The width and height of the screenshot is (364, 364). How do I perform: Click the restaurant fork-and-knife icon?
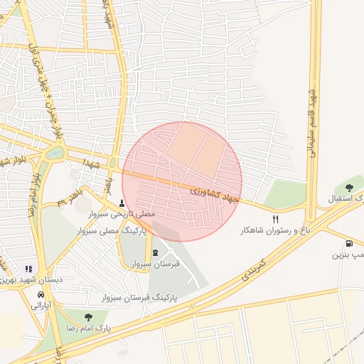(x=276, y=219)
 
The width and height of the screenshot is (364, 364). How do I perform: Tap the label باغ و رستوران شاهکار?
(x=276, y=231)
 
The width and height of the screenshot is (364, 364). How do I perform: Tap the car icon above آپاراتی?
(x=41, y=294)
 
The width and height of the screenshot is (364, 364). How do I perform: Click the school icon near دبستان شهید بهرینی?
(x=28, y=269)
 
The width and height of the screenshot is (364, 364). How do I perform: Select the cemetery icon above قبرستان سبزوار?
(x=156, y=253)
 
